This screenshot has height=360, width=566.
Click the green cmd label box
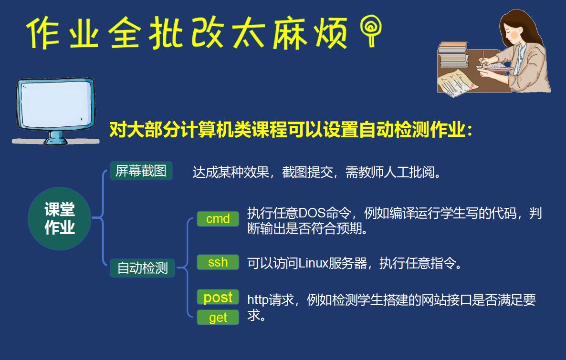click(218, 218)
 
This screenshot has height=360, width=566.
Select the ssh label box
click(218, 262)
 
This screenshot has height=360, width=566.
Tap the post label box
click(218, 297)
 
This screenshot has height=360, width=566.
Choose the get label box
click(218, 317)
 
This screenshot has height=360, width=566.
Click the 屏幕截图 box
click(141, 171)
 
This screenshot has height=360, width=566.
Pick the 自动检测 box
click(142, 268)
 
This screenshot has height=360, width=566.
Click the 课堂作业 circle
click(60, 218)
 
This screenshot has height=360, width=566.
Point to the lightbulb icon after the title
click(371, 31)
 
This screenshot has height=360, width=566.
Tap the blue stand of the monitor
click(56, 137)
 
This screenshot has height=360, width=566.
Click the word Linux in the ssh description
click(313, 263)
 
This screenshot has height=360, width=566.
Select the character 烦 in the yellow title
click(330, 33)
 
